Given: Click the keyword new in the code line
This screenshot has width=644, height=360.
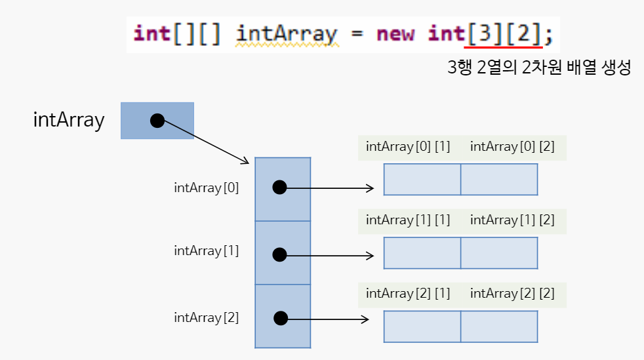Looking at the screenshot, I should [395, 33].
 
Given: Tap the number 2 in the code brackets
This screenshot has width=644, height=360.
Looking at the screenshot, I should [523, 33].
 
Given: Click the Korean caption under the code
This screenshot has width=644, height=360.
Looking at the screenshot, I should [538, 68].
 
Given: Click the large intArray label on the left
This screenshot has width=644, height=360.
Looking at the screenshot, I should [69, 120].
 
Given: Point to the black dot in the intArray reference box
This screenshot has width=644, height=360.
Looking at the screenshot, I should [157, 121].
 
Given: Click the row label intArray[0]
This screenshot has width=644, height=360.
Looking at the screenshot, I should [207, 188].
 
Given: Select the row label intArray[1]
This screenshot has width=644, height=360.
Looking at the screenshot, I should [207, 250].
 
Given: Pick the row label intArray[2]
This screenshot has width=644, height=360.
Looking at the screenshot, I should [207, 317].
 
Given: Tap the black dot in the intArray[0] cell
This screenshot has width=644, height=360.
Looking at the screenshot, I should [280, 188].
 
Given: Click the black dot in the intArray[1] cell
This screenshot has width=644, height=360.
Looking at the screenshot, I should [280, 254].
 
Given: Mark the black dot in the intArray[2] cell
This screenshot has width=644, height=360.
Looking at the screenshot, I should [281, 319].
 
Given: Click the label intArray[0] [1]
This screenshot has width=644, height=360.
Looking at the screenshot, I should [408, 147].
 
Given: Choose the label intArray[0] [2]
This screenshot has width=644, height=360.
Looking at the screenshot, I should [512, 147].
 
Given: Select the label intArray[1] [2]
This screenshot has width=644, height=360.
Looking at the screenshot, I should [512, 220].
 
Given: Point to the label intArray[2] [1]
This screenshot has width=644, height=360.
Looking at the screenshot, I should [408, 294].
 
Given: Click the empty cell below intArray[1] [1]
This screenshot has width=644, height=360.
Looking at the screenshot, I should [422, 253].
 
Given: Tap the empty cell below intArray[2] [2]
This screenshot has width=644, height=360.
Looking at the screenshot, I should [499, 327].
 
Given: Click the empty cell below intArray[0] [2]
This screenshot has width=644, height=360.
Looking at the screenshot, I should [499, 180].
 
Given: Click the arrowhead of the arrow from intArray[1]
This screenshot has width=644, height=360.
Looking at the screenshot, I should [371, 255].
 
